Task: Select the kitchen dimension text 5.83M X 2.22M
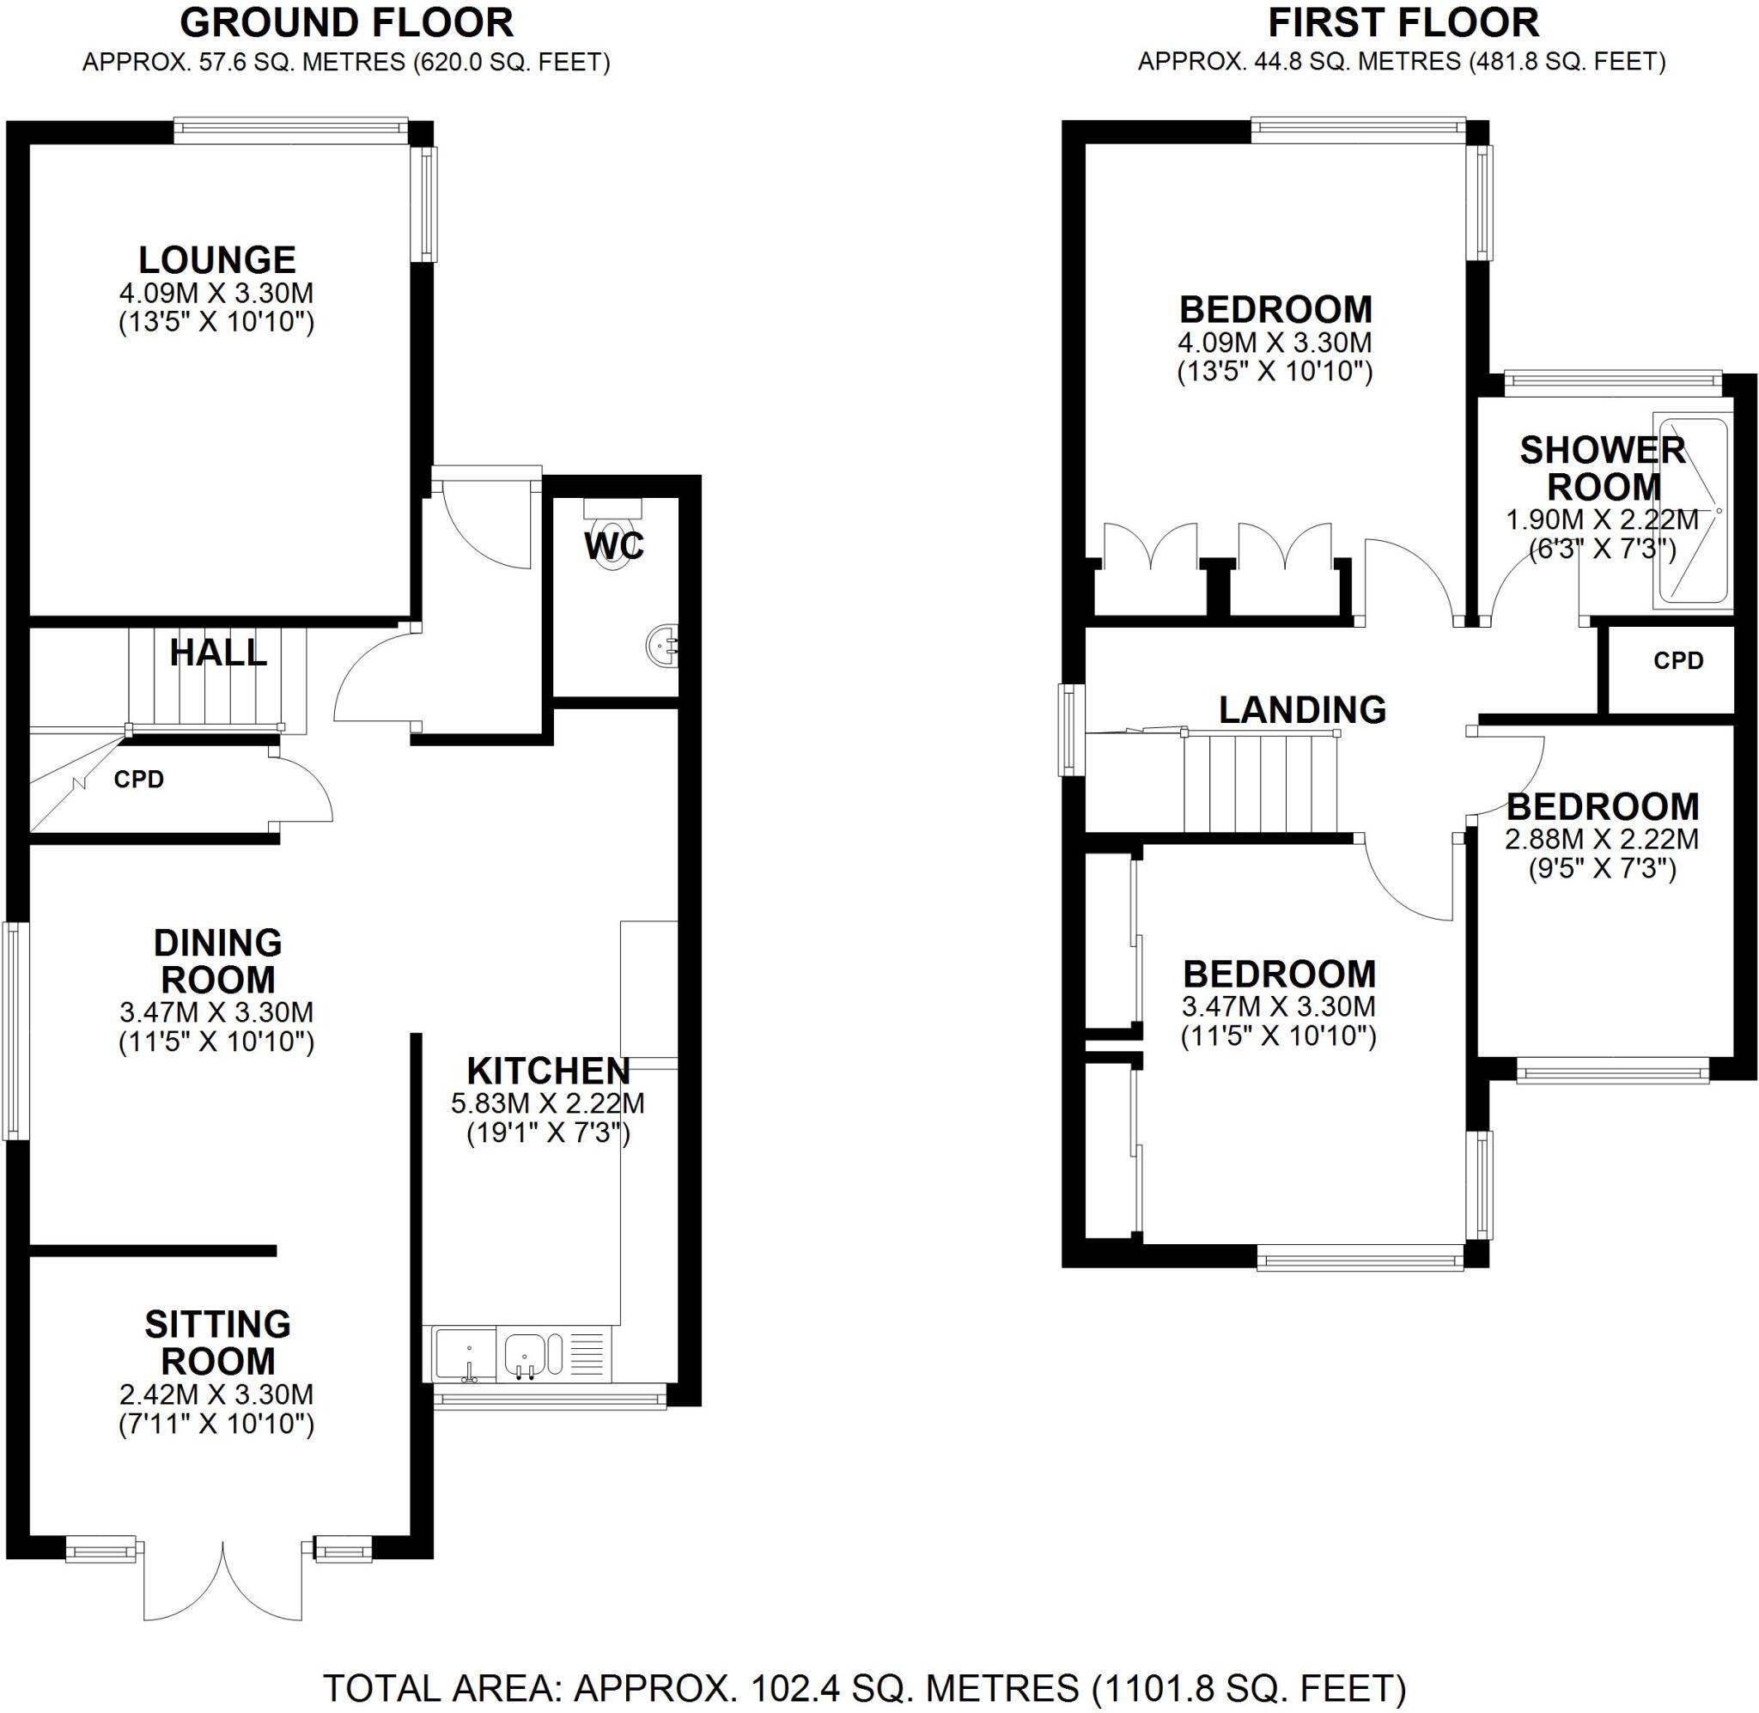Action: [x=548, y=1103]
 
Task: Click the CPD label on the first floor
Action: [x=1678, y=661]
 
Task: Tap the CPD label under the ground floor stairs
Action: [x=138, y=779]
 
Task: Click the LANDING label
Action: [x=1302, y=710]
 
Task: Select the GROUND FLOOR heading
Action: [x=346, y=23]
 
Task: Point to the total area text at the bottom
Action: [x=864, y=1688]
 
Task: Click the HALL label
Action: [x=218, y=653]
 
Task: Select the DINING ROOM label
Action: [x=218, y=961]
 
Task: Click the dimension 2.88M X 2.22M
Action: [x=1602, y=840]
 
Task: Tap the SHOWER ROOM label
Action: [x=1603, y=469]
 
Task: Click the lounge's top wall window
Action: [x=290, y=131]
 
